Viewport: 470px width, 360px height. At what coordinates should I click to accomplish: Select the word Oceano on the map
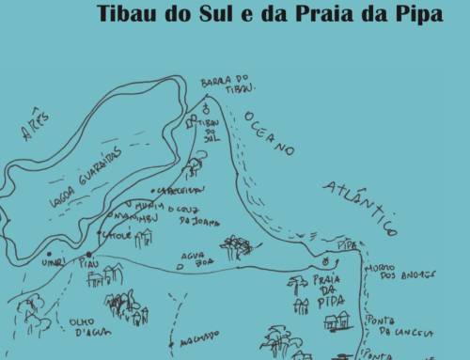271,132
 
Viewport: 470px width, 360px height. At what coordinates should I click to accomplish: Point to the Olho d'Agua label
91,325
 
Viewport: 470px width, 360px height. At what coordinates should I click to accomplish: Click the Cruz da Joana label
195,218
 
